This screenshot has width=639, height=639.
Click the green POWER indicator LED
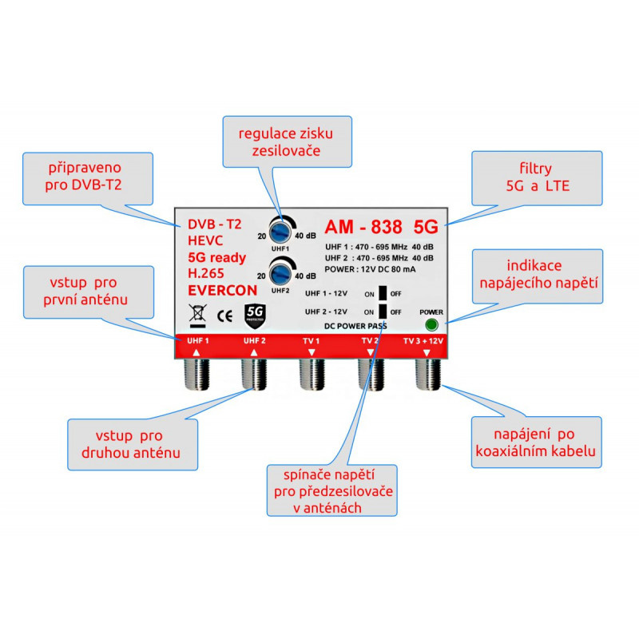point(432,325)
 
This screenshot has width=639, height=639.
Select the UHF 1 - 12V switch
point(383,293)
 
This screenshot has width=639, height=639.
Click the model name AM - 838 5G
point(382,227)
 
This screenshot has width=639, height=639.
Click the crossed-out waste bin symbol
point(196,315)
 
